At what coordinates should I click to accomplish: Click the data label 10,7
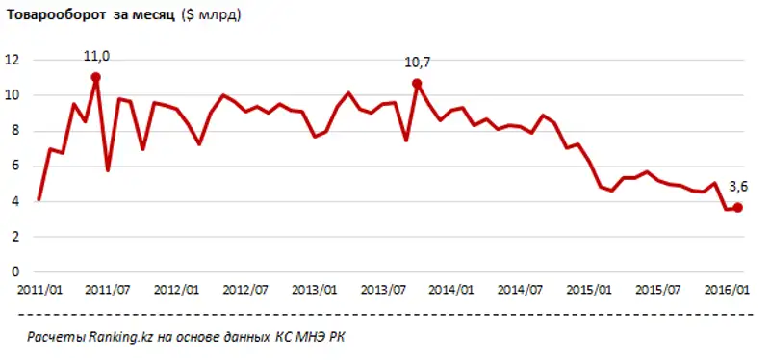pos(417,64)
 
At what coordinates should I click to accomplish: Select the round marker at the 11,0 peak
pos(96,77)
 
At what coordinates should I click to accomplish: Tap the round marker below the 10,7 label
pos(417,84)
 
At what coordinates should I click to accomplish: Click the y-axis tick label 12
pos(13,60)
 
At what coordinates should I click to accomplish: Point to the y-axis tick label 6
pos(15,166)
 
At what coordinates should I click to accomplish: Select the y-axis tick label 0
pos(15,271)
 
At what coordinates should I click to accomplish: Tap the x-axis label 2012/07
pos(245,290)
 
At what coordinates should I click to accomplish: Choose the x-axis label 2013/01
pos(314,290)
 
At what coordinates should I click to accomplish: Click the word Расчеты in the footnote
pos(56,338)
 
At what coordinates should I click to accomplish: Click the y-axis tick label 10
pos(13,95)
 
